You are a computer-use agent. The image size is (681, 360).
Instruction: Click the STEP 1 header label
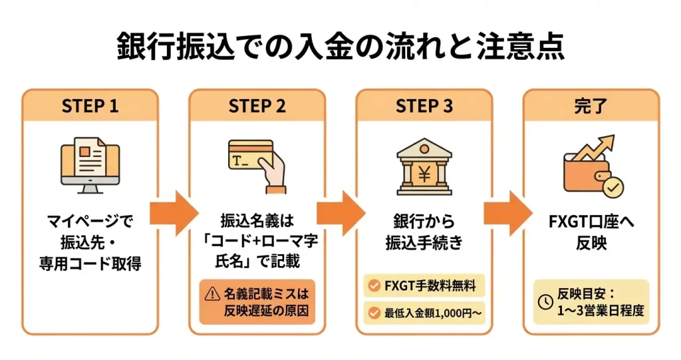(x=90, y=106)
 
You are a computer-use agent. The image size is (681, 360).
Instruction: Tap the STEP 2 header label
(x=257, y=106)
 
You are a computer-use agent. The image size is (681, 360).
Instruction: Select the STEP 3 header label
(x=423, y=106)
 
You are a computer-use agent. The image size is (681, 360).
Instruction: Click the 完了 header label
(x=590, y=106)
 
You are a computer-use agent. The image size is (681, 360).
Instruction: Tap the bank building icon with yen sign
(x=423, y=165)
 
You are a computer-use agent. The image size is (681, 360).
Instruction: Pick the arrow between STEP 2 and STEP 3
(x=340, y=212)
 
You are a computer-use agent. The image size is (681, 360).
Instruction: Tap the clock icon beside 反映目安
(x=545, y=302)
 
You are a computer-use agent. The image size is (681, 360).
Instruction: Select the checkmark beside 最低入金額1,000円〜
(x=374, y=311)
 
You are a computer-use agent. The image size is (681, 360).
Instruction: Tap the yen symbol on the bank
(x=423, y=174)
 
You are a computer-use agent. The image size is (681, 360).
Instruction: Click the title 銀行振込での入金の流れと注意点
(x=340, y=46)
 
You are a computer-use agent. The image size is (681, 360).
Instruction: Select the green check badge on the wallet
(x=611, y=188)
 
